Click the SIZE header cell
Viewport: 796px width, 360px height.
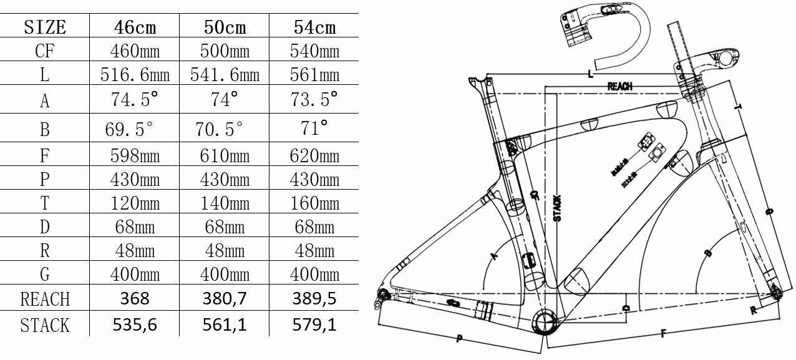pos(44,27)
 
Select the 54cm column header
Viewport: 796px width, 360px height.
pos(314,27)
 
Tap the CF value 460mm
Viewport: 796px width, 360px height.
pos(135,51)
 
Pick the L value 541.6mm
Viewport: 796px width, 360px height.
pos(225,75)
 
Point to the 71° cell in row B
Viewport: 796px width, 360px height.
pos(314,129)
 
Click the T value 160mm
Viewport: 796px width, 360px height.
pos(314,204)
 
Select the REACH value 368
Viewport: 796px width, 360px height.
pos(135,298)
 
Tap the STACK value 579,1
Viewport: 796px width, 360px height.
pos(314,324)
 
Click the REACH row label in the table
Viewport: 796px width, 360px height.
pos(44,299)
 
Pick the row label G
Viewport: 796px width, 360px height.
pos(44,274)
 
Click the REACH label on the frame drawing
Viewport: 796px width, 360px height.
pos(620,87)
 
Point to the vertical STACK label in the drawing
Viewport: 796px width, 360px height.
pos(557,208)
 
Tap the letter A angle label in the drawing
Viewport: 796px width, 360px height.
pos(495,255)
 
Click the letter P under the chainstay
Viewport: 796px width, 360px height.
pos(459,339)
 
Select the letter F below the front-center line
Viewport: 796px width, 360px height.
pos(662,334)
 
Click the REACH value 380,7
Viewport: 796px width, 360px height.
pos(225,298)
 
